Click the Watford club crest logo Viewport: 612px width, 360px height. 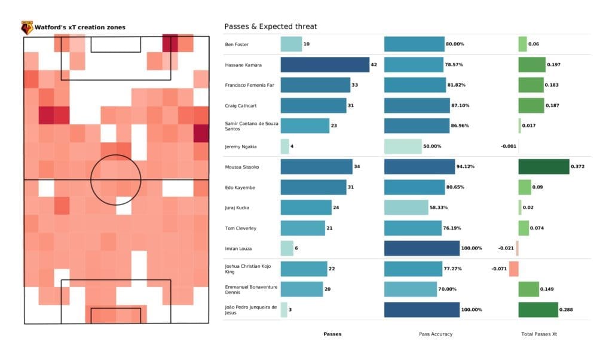coord(27,27)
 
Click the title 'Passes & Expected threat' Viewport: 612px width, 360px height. coord(270,26)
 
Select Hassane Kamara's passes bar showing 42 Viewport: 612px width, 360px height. coord(325,65)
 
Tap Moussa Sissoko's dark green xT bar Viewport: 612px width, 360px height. coord(543,166)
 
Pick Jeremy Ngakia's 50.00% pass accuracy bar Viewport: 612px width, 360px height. coord(402,146)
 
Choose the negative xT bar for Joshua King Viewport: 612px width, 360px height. coord(513,269)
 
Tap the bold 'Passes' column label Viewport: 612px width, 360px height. coord(332,334)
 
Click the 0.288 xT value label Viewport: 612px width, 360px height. coord(567,310)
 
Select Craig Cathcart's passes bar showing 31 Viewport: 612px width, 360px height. coord(313,105)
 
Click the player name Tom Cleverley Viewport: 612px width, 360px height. coord(239,228)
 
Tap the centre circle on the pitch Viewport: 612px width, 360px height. coord(116,179)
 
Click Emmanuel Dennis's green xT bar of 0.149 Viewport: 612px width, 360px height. coord(528,289)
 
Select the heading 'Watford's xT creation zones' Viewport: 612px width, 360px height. coord(80,27)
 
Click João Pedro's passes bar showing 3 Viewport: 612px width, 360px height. coord(283,310)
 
